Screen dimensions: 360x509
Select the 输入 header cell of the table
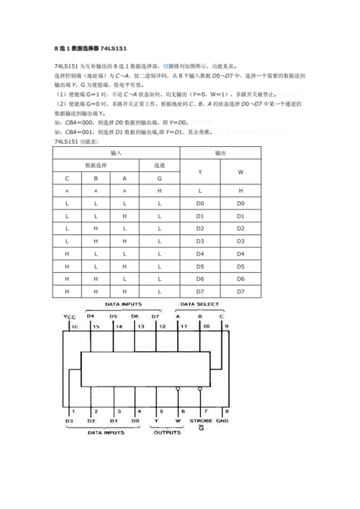click(x=117, y=154)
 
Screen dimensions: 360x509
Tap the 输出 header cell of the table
click(x=220, y=154)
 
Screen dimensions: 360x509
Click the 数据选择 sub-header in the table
click(x=95, y=166)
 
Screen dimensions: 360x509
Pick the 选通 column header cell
click(x=159, y=166)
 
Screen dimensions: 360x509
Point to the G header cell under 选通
click(x=159, y=178)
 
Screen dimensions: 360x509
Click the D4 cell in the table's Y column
click(x=200, y=254)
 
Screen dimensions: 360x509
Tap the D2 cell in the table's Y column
click(x=200, y=229)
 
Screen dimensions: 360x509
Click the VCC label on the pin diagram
click(x=69, y=317)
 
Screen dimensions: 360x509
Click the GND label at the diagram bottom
click(x=222, y=420)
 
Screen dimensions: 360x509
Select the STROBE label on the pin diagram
click(x=200, y=420)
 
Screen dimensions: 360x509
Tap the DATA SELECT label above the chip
click(x=201, y=305)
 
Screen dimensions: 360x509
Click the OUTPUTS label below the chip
click(x=167, y=432)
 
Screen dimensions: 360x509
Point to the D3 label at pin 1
click(x=69, y=420)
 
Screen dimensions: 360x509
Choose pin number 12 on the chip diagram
click(x=161, y=326)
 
